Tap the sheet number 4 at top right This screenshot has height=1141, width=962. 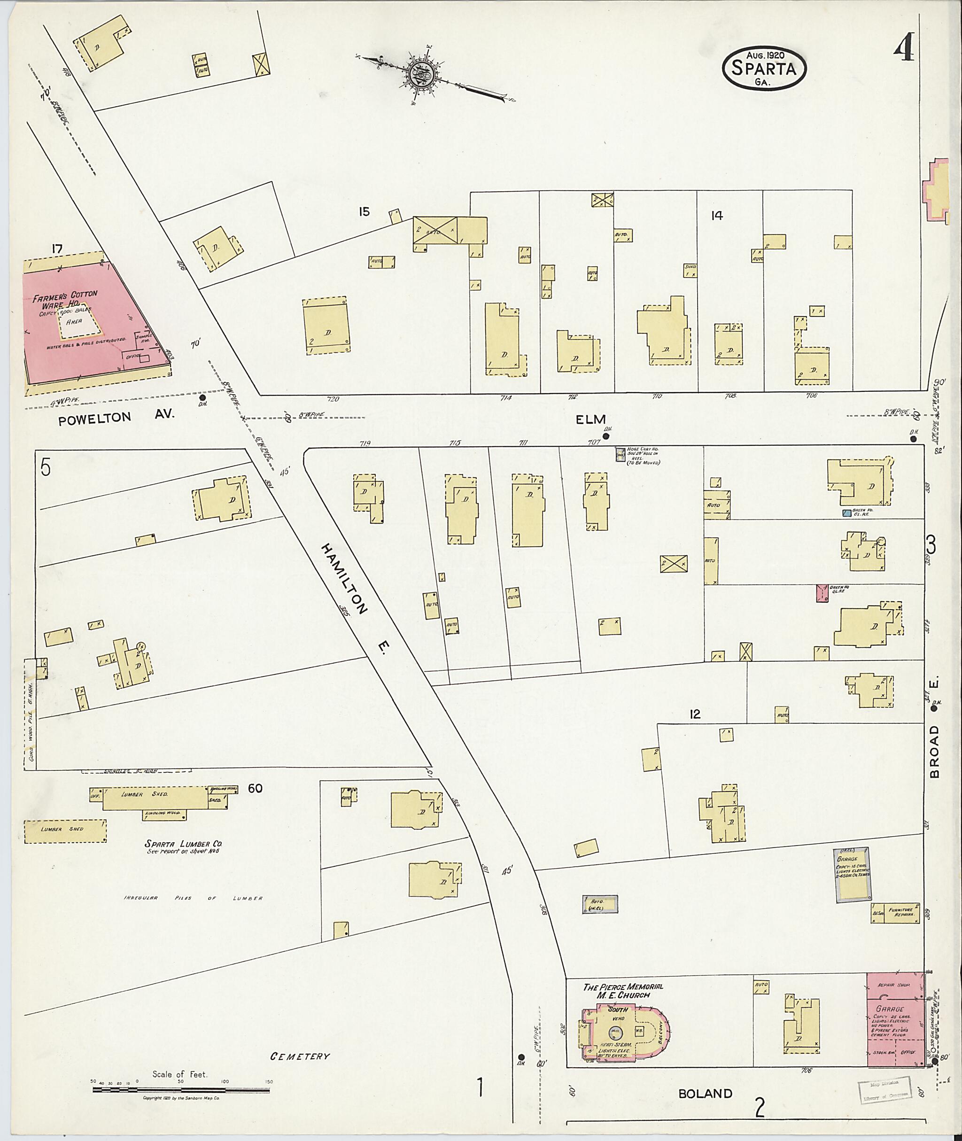click(x=905, y=51)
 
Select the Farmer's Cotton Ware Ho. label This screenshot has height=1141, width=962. click(x=64, y=300)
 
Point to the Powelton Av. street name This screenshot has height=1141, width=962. click(x=116, y=416)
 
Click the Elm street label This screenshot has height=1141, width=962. click(x=591, y=419)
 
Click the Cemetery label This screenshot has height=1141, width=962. click(x=300, y=1056)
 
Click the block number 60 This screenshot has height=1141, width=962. click(x=255, y=788)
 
